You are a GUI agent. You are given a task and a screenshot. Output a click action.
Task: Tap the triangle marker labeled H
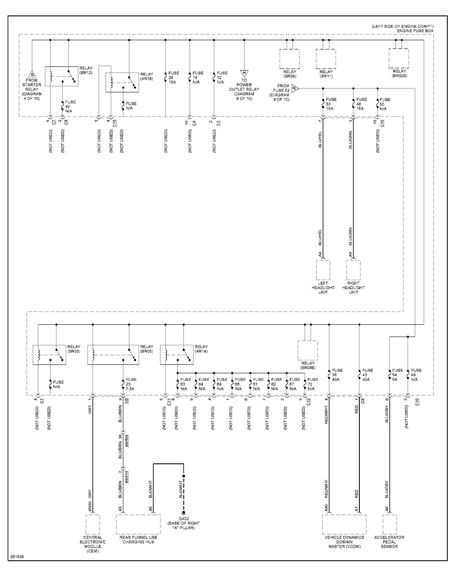click(x=244, y=73)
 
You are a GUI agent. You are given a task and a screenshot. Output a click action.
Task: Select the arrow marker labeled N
click(x=295, y=88)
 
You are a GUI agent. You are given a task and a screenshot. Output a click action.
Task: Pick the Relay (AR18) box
click(x=122, y=82)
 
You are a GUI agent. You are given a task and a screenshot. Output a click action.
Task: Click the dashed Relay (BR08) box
click(x=289, y=59)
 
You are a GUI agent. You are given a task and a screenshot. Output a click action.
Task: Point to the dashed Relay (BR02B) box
click(x=399, y=58)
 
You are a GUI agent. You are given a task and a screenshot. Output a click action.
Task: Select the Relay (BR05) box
click(x=113, y=355)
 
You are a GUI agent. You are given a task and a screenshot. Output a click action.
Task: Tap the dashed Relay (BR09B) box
click(x=308, y=350)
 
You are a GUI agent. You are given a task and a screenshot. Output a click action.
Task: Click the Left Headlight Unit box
click(x=323, y=270)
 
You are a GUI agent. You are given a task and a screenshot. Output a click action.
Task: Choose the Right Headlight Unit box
click(x=353, y=270)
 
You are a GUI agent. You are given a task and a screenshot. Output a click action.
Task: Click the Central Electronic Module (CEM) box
click(x=93, y=524)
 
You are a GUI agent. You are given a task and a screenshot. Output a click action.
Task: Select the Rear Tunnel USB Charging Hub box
click(x=138, y=524)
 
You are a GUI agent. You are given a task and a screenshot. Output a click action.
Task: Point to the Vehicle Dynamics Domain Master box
click(x=344, y=524)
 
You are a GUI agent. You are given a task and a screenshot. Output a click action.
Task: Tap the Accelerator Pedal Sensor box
click(x=390, y=524)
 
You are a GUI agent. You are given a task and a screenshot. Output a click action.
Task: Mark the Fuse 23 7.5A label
click(x=131, y=384)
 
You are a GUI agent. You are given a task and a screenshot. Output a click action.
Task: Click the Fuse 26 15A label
click(x=174, y=77)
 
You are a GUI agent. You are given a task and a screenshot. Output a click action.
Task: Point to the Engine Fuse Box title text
click(x=415, y=31)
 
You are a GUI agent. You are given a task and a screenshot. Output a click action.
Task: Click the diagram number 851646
click(x=17, y=557)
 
